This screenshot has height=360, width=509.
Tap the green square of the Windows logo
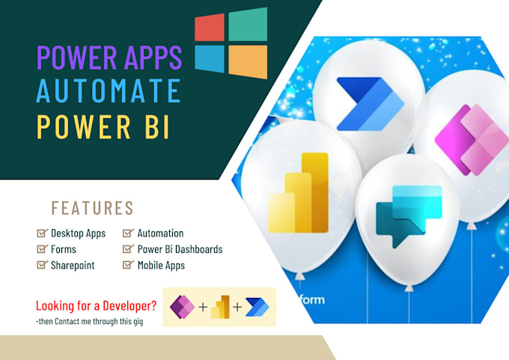248,25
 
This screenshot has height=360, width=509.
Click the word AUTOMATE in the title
109,91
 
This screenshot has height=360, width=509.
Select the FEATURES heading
92,208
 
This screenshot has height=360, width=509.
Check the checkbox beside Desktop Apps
42,234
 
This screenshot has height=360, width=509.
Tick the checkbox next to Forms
42,249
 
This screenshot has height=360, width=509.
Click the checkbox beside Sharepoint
42,265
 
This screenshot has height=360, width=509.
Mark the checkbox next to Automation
128,234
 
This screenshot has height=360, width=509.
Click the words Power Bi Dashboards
180,249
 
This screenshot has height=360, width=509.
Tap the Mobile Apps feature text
161,265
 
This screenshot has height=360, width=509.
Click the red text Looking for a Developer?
95,305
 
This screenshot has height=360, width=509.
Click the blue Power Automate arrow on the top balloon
368,103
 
